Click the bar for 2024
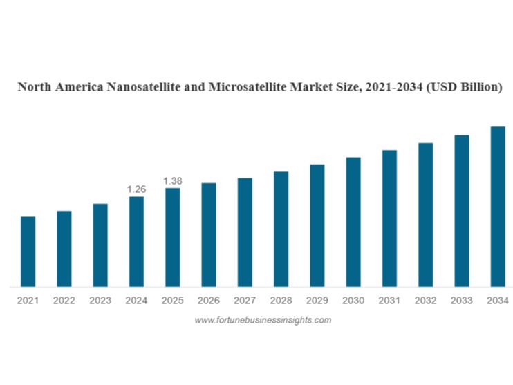click(x=136, y=241)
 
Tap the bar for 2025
click(x=172, y=237)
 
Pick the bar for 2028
click(x=281, y=229)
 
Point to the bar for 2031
click(x=389, y=218)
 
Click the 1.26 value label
click(x=136, y=189)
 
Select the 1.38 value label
click(x=172, y=180)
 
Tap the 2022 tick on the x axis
click(x=64, y=301)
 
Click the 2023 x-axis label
click(x=100, y=301)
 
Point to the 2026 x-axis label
click(x=208, y=301)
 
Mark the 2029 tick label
click(x=317, y=301)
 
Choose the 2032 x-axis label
click(x=425, y=301)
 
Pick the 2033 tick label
click(x=461, y=301)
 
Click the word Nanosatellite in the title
click(x=145, y=88)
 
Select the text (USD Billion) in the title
click(x=465, y=88)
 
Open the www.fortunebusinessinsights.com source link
click(x=263, y=320)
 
